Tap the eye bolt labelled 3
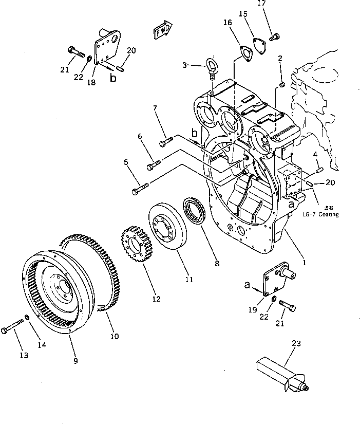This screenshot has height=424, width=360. tap(211, 67)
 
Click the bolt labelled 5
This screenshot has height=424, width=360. tap(140, 190)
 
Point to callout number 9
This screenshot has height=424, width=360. tap(75, 361)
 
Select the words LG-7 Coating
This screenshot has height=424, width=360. tap(320, 214)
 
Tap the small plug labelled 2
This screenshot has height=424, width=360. tap(282, 84)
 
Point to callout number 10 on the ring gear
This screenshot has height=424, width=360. tap(114, 337)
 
